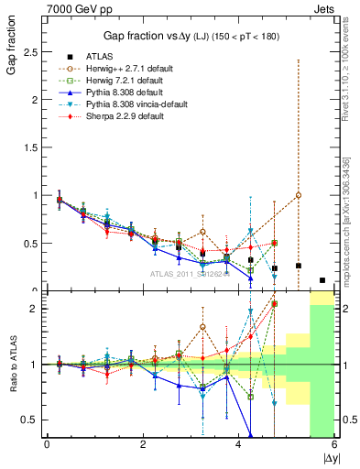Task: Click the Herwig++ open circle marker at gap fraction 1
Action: [x=299, y=195]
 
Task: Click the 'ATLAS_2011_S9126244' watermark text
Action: [x=189, y=274]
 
